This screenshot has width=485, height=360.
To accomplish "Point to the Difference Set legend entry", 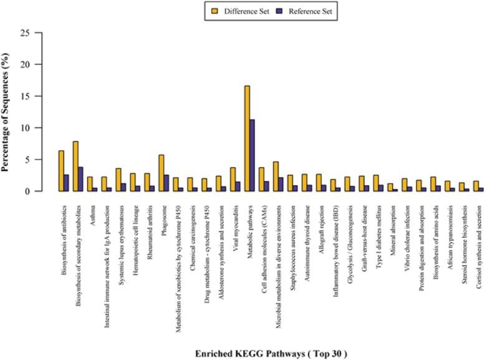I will coord(239,11).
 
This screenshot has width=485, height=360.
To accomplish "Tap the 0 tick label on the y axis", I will coord(27,192).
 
